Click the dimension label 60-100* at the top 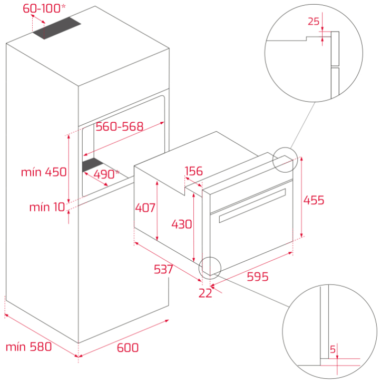tap(44, 8)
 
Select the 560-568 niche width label tap(120, 126)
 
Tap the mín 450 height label tap(44, 172)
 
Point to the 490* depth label tap(106, 174)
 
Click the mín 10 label tap(47, 207)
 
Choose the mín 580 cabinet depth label tap(28, 347)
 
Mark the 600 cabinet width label tap(128, 348)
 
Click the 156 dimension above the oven tap(194, 171)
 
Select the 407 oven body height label tap(145, 208)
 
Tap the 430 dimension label tap(182, 224)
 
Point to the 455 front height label tap(314, 200)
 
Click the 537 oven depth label tap(163, 269)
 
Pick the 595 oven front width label tap(258, 277)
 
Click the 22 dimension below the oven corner tap(205, 293)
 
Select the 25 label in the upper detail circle tap(314, 22)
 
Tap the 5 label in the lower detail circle tap(333, 349)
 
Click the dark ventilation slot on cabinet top tap(57, 28)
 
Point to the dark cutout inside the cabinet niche tap(92, 164)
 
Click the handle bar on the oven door tap(252, 206)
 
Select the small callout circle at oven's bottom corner tap(210, 268)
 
